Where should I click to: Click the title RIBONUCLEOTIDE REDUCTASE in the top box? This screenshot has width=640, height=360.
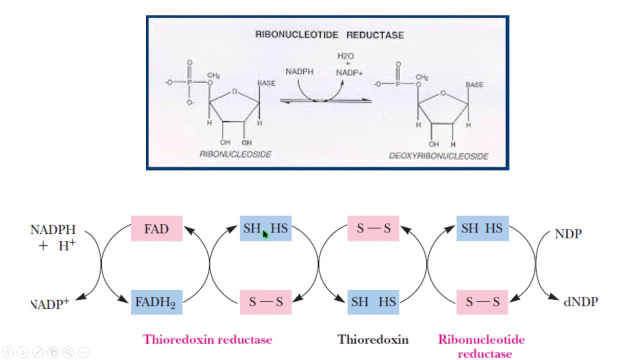[329, 35]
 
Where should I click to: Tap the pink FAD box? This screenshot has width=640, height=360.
[156, 229]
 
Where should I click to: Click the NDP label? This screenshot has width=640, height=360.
[568, 234]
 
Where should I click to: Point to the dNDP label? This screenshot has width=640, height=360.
[580, 302]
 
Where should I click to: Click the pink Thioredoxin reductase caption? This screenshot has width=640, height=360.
[207, 340]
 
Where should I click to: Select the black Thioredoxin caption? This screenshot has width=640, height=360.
[373, 340]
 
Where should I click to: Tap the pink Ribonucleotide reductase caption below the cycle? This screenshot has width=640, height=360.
[481, 346]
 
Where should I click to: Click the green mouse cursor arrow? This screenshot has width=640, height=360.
[265, 234]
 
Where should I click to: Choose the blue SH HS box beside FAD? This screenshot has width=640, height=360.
[265, 229]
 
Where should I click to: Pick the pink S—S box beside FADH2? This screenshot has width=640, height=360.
[265, 302]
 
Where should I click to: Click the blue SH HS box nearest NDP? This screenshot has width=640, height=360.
[482, 229]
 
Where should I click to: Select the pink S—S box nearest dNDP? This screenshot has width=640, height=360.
[482, 302]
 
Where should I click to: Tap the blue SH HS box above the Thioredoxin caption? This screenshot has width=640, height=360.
[373, 302]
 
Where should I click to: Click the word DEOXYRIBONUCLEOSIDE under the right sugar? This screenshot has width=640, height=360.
[438, 156]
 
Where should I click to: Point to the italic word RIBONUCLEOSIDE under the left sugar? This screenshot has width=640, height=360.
[235, 154]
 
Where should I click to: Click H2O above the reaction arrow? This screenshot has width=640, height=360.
[345, 56]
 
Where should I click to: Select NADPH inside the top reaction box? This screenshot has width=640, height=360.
[299, 72]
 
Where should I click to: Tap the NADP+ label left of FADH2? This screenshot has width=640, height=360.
[50, 304]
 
